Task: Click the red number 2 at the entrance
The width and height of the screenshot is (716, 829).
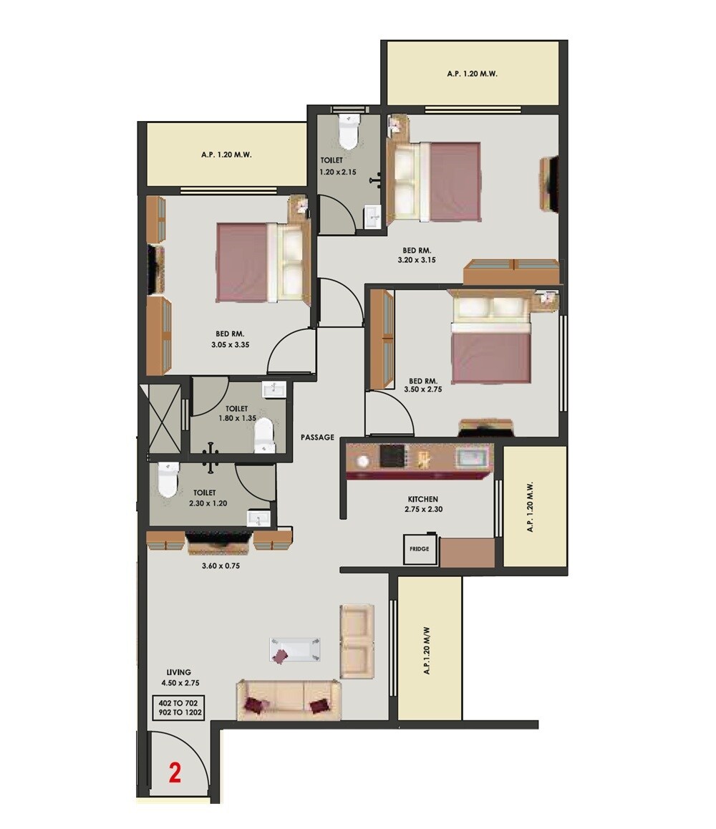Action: point(174,773)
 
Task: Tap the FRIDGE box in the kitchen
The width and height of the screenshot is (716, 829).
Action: point(420,549)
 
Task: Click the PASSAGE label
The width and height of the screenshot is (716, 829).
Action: point(317,437)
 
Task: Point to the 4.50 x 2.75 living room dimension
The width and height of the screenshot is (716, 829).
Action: point(179,683)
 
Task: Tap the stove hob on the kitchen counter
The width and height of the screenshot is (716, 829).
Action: point(392,456)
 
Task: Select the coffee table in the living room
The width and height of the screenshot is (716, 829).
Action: point(294,650)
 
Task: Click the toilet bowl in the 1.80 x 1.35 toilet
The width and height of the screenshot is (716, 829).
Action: point(264,435)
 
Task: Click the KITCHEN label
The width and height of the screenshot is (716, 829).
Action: point(422,499)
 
